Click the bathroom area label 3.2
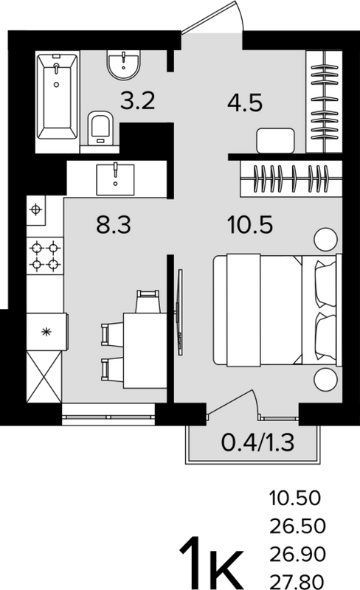[x=137, y=101]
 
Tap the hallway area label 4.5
[x=245, y=103]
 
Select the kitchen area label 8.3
[x=114, y=225]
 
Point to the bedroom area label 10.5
[x=250, y=225]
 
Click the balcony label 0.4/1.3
[x=257, y=443]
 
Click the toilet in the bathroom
[x=100, y=128]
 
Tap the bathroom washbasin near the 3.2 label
[x=123, y=65]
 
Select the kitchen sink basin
[x=115, y=179]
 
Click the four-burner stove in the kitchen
[x=45, y=256]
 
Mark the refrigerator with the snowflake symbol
[x=46, y=331]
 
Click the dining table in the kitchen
[x=145, y=350]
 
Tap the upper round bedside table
[x=325, y=239]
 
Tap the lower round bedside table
[x=325, y=380]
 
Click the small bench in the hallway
[x=275, y=140]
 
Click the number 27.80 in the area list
[x=297, y=583]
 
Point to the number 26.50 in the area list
[x=297, y=526]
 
